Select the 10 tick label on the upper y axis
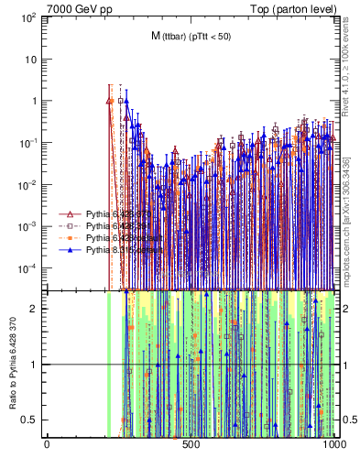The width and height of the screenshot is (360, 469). (x=31, y=60)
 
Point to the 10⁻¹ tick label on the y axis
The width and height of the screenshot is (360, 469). (x=28, y=143)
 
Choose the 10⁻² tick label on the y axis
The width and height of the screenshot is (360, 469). (x=28, y=184)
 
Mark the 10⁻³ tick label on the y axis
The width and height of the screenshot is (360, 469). (x=28, y=226)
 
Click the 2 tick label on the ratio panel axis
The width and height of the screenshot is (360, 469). (x=37, y=309)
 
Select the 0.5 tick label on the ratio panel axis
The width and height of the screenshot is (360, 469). (x=33, y=420)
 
